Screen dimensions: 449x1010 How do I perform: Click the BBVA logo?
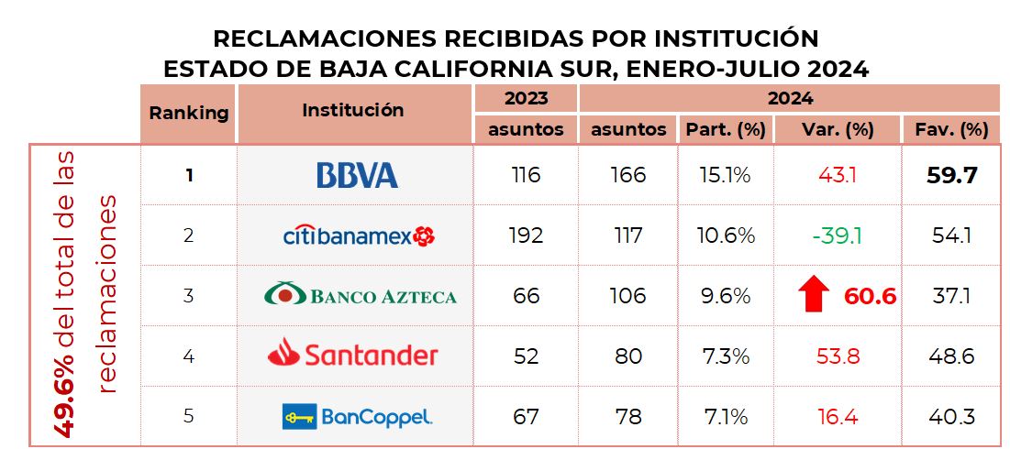[x=357, y=175]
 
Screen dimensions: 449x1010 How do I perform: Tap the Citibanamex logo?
[x=359, y=235]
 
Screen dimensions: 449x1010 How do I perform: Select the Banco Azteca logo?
[x=360, y=295]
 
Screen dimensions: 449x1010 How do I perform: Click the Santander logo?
[x=353, y=355]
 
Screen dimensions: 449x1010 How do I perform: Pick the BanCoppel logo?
[x=357, y=416]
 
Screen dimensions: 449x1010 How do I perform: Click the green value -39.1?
[x=836, y=235]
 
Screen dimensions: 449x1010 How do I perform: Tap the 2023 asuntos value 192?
[x=525, y=235]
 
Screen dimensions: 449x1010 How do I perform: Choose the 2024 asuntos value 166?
[x=627, y=174]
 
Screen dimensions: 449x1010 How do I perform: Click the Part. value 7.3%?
[x=725, y=356]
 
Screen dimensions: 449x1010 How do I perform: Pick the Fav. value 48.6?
[x=950, y=356]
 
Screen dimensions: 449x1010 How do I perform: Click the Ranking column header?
[x=188, y=113]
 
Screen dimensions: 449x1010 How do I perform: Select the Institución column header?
[x=353, y=110]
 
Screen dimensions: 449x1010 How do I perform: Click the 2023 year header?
[x=526, y=98]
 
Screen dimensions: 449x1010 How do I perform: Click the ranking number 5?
[x=188, y=416]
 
